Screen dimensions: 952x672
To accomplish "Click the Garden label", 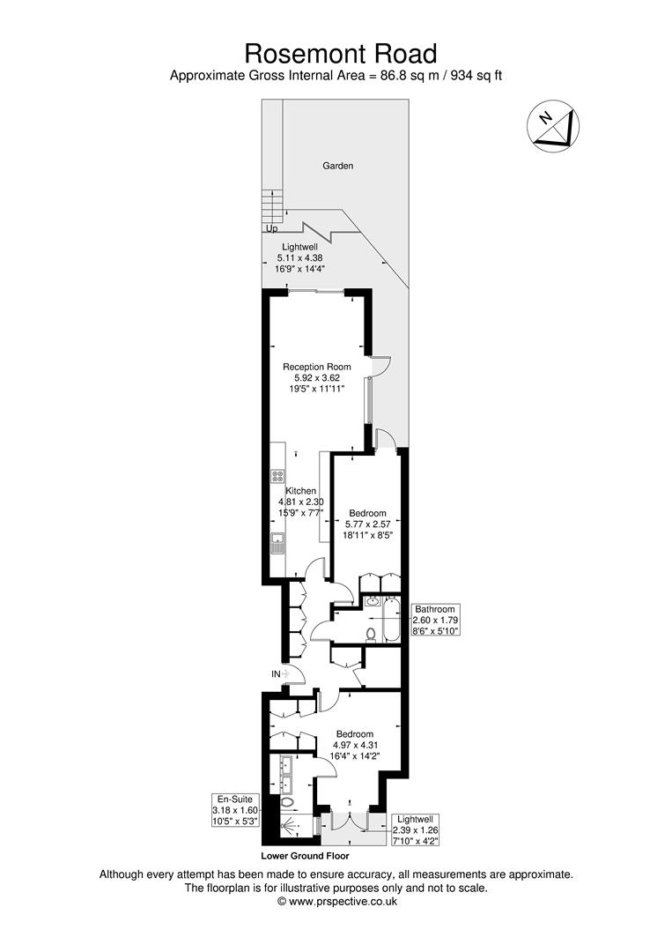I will pyautogui.click(x=337, y=166).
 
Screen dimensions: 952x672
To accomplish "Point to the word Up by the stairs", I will pyautogui.click(x=271, y=229).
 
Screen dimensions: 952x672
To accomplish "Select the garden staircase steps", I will pyautogui.click(x=273, y=207).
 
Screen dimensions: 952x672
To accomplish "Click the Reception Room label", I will pyautogui.click(x=316, y=367).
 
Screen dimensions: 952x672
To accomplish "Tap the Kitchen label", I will pyautogui.click(x=300, y=491).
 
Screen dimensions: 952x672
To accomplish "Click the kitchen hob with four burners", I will pyautogui.click(x=277, y=477).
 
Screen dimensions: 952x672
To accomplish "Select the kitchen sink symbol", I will pyautogui.click(x=277, y=542).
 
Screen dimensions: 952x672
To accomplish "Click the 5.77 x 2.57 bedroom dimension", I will pyautogui.click(x=367, y=524).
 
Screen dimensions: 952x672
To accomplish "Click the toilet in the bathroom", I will pyautogui.click(x=372, y=631).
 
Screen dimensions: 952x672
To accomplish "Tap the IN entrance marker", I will pyautogui.click(x=276, y=674).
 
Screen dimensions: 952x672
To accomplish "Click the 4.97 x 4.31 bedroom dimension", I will pyautogui.click(x=354, y=745).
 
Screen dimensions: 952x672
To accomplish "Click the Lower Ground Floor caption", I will pyautogui.click(x=305, y=856).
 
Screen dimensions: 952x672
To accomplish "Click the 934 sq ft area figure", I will pyautogui.click(x=476, y=76).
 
